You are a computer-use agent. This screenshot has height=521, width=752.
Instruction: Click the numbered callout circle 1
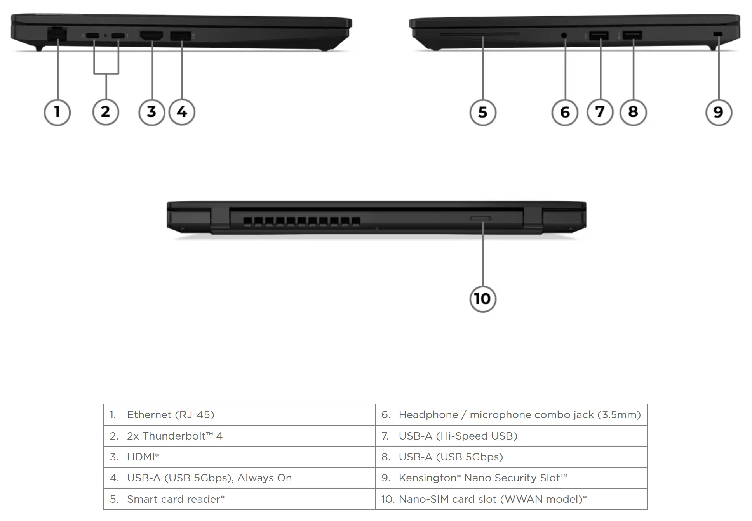pos(57,112)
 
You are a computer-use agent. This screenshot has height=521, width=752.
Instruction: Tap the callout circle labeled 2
pos(105,112)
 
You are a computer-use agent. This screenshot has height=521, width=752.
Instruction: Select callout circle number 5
pos(483,113)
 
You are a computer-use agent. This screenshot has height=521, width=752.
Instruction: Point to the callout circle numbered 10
pos(483,299)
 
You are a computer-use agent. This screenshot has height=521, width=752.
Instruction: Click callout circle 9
pos(719,113)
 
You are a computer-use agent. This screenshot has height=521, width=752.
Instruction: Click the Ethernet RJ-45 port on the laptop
pos(57,34)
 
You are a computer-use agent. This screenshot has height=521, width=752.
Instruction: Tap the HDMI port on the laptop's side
pos(151,36)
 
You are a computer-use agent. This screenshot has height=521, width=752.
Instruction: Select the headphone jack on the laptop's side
pos(564,36)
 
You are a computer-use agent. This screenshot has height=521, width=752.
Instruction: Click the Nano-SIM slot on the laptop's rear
pos(480,218)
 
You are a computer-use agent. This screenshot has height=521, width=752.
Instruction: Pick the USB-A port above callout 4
pos(180,36)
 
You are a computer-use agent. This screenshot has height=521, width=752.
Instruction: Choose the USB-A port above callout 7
pos(599,36)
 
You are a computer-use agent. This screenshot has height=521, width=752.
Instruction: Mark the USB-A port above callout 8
pos(632,36)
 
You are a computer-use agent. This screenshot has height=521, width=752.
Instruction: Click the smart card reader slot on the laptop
pos(479,34)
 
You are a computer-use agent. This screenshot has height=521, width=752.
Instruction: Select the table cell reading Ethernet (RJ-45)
pos(239,415)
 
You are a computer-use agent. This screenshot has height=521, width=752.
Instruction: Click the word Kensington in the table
pos(427,478)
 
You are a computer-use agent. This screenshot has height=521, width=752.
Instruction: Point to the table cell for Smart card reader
pos(239,499)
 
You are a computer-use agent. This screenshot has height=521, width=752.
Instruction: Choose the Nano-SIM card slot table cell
pos(511,499)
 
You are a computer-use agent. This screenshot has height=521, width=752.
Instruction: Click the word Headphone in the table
pos(428,415)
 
